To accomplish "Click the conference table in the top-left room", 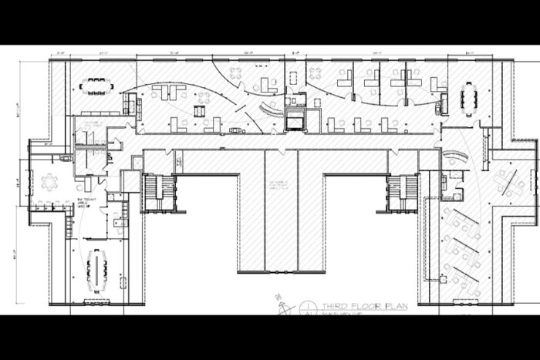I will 98,86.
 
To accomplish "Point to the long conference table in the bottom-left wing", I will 98,269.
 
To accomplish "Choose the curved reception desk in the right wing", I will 458,155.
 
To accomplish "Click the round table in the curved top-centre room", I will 237,74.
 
